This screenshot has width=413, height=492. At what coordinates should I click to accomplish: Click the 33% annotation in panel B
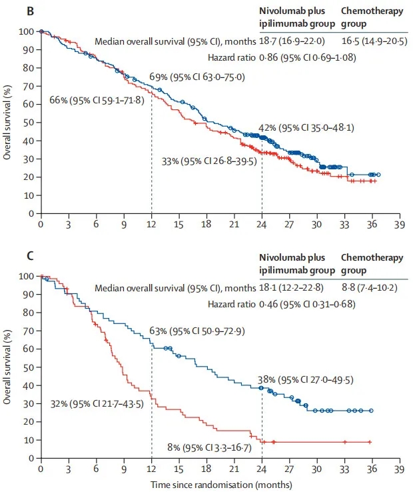click(208, 161)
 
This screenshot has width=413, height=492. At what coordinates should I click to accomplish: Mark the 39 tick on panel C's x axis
click(398, 469)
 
